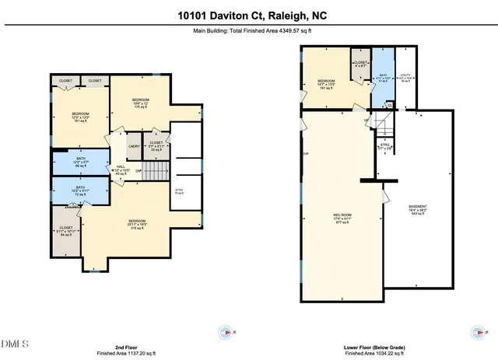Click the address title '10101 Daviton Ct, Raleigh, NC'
(248, 15)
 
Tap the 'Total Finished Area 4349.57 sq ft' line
(248, 32)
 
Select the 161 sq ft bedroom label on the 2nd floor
(81, 117)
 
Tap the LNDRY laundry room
(134, 145)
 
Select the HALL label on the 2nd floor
(121, 170)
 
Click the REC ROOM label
(342, 218)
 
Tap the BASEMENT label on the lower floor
(417, 209)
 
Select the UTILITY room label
(405, 79)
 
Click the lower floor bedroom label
(326, 84)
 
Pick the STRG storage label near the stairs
(384, 145)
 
